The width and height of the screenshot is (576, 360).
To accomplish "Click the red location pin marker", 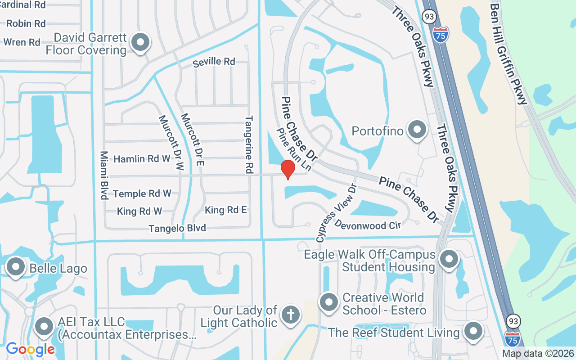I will pyautogui.click(x=288, y=169).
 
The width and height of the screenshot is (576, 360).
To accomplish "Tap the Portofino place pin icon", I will pyautogui.click(x=417, y=130).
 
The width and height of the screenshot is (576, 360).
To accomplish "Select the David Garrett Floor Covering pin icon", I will pyautogui.click(x=140, y=43).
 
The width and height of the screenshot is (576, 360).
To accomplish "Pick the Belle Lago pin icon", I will pyautogui.click(x=16, y=267).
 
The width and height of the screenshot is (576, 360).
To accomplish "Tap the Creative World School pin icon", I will pyautogui.click(x=329, y=302).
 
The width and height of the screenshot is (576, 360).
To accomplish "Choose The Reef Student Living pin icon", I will pyautogui.click(x=473, y=332).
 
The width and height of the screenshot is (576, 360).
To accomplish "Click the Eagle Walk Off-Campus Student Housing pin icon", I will pyautogui.click(x=448, y=259).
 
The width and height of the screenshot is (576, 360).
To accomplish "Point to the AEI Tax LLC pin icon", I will pyautogui.click(x=45, y=327).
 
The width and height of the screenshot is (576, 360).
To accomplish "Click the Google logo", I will pyautogui.click(x=30, y=349).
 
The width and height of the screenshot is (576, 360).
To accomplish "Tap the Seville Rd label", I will pyautogui.click(x=214, y=62).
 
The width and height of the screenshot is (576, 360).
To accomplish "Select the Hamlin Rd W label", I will pyautogui.click(x=142, y=159).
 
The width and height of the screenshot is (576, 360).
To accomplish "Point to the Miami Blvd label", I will pyautogui.click(x=104, y=175).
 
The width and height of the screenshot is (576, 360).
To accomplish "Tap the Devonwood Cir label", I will pyautogui.click(x=368, y=225).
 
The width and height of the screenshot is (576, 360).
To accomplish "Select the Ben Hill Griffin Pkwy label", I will pyautogui.click(x=508, y=54).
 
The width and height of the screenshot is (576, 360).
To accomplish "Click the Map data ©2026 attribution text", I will pyautogui.click(x=538, y=354).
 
